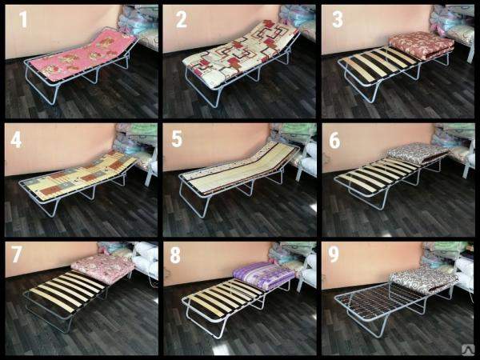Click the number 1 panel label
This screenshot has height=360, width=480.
(23, 19)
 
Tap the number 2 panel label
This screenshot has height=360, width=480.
(182, 19)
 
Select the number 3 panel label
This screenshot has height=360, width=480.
(338, 19)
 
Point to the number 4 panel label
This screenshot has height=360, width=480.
(16, 139)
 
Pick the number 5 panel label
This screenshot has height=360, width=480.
(177, 138)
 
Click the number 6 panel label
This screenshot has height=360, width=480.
(334, 140)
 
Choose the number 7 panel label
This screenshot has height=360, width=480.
(17, 254)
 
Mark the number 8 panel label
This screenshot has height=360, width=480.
(175, 254)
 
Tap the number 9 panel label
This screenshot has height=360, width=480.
(334, 254)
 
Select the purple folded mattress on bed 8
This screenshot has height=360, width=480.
(263, 274)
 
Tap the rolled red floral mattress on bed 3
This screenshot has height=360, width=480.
(421, 45)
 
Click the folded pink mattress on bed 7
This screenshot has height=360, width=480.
(102, 267)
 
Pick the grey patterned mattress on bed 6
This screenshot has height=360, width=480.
(418, 154)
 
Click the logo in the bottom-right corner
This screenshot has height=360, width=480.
(468, 350)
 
